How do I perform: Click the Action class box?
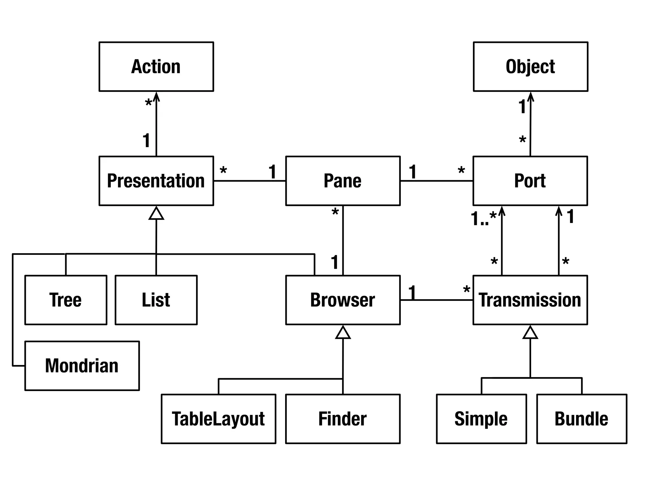(x=156, y=67)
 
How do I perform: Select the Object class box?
(x=530, y=67)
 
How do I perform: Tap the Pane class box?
(x=343, y=181)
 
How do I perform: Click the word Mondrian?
(x=82, y=366)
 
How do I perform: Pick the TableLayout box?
(x=218, y=419)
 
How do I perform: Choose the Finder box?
(x=343, y=419)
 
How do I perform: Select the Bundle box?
(x=581, y=419)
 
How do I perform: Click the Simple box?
(x=481, y=419)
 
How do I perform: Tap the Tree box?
(x=65, y=300)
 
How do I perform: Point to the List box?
(x=156, y=300)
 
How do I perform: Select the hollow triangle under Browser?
(x=343, y=333)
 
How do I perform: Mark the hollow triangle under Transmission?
(x=530, y=333)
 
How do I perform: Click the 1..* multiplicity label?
(x=483, y=219)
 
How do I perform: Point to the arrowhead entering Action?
(x=156, y=96)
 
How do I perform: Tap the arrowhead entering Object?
(x=531, y=96)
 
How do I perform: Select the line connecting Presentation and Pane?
(x=250, y=181)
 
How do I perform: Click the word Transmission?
(x=530, y=300)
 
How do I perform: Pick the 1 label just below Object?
(x=522, y=107)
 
